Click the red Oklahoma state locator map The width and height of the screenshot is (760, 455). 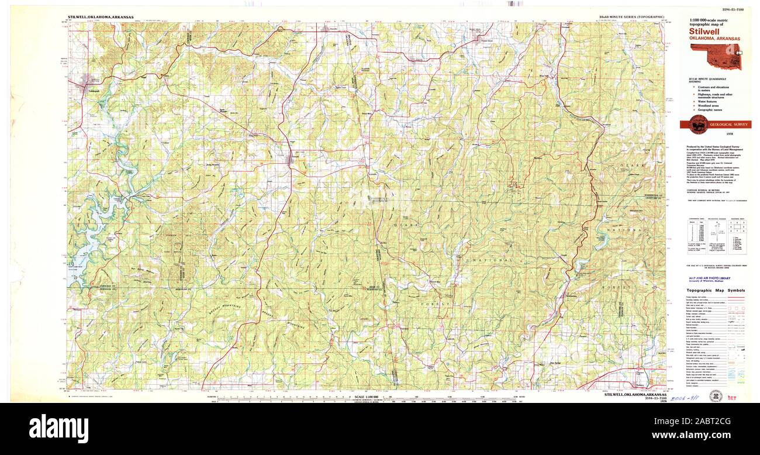pyautogui.click(x=717, y=57)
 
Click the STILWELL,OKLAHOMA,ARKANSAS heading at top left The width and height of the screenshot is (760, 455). pyautogui.click(x=100, y=18)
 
